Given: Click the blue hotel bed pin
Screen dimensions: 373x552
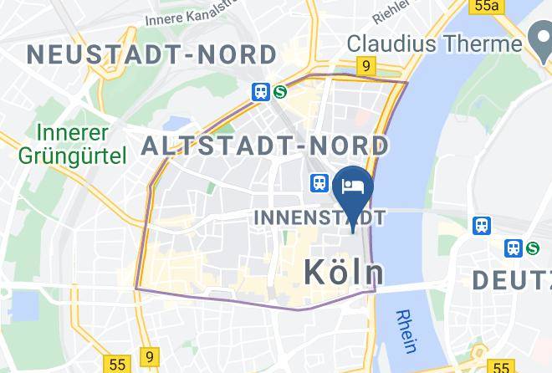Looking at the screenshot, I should coord(352,186).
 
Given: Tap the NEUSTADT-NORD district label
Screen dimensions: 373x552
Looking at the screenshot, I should coord(151,55).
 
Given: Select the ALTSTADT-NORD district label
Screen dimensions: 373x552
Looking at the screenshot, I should coord(266,146).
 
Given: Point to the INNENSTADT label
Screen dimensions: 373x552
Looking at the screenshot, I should coord(319,218).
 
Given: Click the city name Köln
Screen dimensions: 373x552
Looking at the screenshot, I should coord(344,272).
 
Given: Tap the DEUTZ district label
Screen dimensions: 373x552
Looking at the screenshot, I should coord(512,280).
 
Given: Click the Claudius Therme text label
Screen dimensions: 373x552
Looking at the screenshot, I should coord(434,43).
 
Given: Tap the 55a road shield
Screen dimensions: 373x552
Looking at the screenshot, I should coord(486,7).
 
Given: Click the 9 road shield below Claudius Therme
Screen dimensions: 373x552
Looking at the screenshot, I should coord(365,65).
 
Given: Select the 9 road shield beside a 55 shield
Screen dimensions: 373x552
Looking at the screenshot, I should coord(149,357).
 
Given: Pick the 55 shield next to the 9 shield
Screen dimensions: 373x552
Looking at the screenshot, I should coord(116,365).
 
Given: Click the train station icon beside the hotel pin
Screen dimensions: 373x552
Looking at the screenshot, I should coord(319,182).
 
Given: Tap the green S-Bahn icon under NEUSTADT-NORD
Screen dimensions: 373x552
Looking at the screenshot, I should coord(279,92).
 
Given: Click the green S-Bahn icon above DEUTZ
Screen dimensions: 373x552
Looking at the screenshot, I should coord(533,248).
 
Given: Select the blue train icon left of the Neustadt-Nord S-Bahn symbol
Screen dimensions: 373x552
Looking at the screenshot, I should coord(261,92).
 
